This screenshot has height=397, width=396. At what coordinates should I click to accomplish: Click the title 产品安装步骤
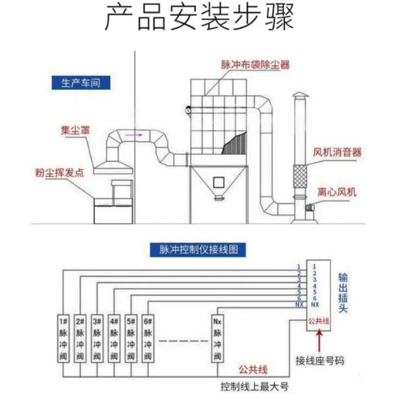(198, 19)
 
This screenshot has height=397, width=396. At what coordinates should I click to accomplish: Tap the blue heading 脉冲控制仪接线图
(194, 250)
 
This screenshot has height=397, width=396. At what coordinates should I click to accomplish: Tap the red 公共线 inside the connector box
(318, 321)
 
